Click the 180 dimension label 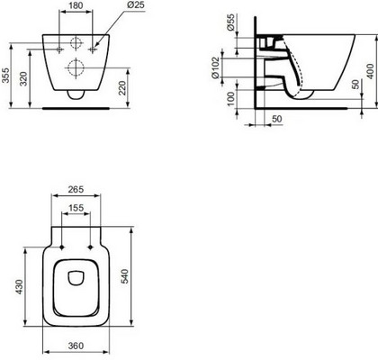point(76,5)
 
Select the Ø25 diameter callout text point(136,4)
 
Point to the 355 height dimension point(5,76)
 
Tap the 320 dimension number point(23,79)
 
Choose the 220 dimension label point(122,87)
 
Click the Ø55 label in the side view point(230,22)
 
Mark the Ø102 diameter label point(216,67)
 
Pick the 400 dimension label point(371,71)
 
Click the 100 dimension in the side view point(230,99)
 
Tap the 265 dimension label point(76,190)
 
